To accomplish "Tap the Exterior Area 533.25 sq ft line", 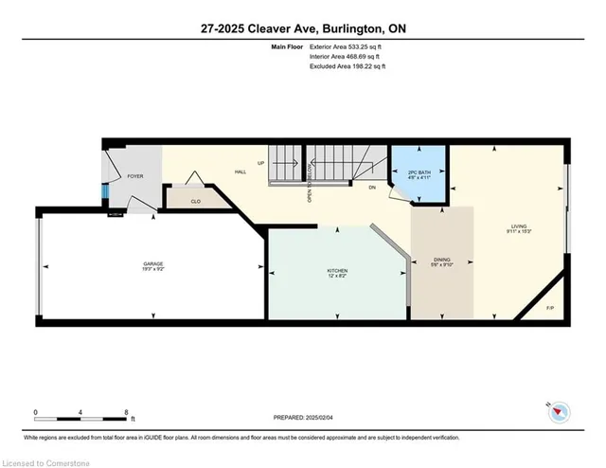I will coord(351,47).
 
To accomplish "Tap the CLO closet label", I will coord(195,201).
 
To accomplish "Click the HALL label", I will coord(241,172).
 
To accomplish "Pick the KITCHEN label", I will coord(337,272).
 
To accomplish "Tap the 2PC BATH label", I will coord(419,173).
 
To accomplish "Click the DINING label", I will coord(442,261).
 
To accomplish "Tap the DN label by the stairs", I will coord(373,188).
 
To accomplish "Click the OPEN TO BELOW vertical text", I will coord(310,182).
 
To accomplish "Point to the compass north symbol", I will coord(560,410).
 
